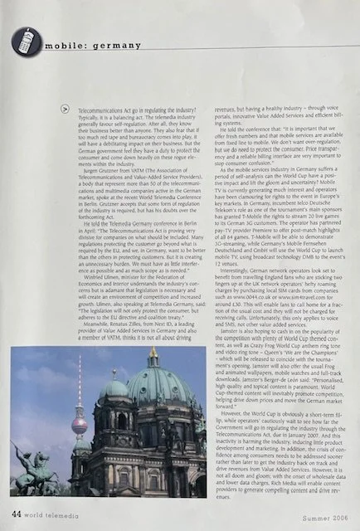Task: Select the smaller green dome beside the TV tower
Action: tap(115, 389)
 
